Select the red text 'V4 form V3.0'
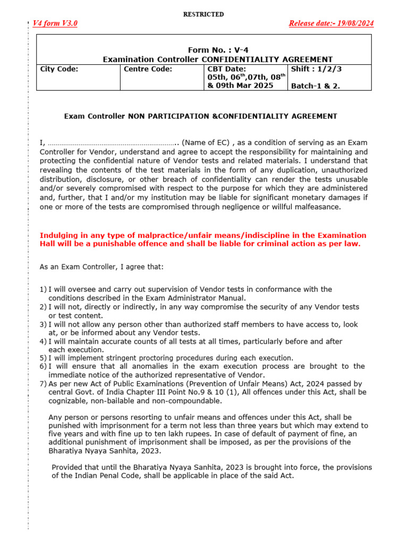click(55, 23)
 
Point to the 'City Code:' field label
click(59, 69)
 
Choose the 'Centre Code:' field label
click(148, 69)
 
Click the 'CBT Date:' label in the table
click(226, 69)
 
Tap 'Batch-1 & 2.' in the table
click(316, 86)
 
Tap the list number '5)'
click(43, 358)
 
